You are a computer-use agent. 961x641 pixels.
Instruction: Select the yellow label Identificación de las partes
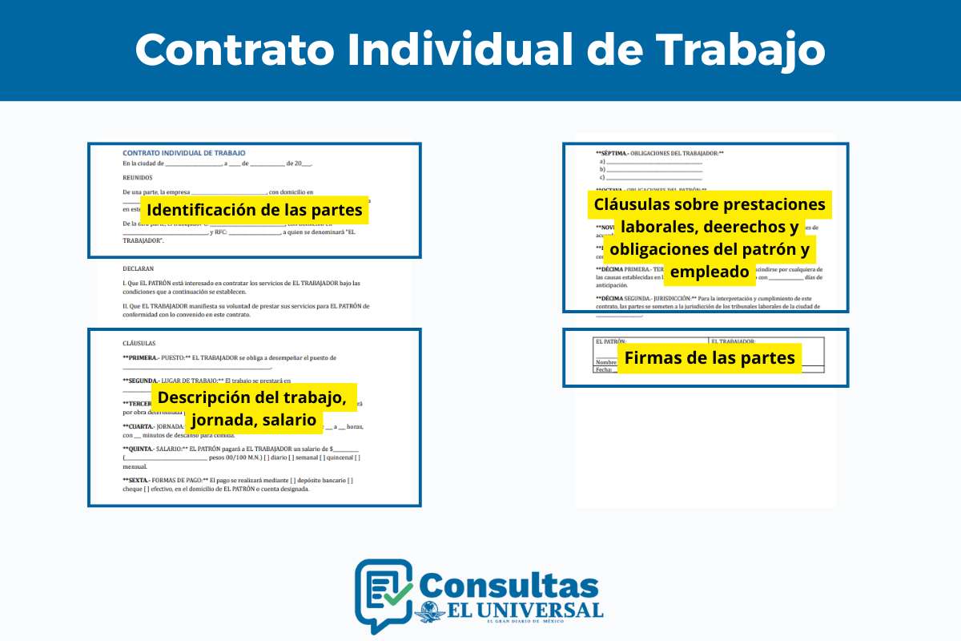point(255,211)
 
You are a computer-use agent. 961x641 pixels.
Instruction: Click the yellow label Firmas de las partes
point(710,357)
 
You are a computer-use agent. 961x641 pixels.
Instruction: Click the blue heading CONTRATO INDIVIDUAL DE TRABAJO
point(183,152)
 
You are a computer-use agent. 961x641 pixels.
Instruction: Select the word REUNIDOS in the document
point(138,178)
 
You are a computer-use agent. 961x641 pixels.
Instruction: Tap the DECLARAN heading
point(139,269)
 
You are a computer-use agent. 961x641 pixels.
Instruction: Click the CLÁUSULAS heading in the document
point(139,343)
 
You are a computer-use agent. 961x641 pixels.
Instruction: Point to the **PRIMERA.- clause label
point(141,357)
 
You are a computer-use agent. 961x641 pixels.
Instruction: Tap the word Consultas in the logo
point(508,585)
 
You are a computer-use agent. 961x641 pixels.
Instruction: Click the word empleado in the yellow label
point(710,272)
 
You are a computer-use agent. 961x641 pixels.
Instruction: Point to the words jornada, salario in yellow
point(254,420)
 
